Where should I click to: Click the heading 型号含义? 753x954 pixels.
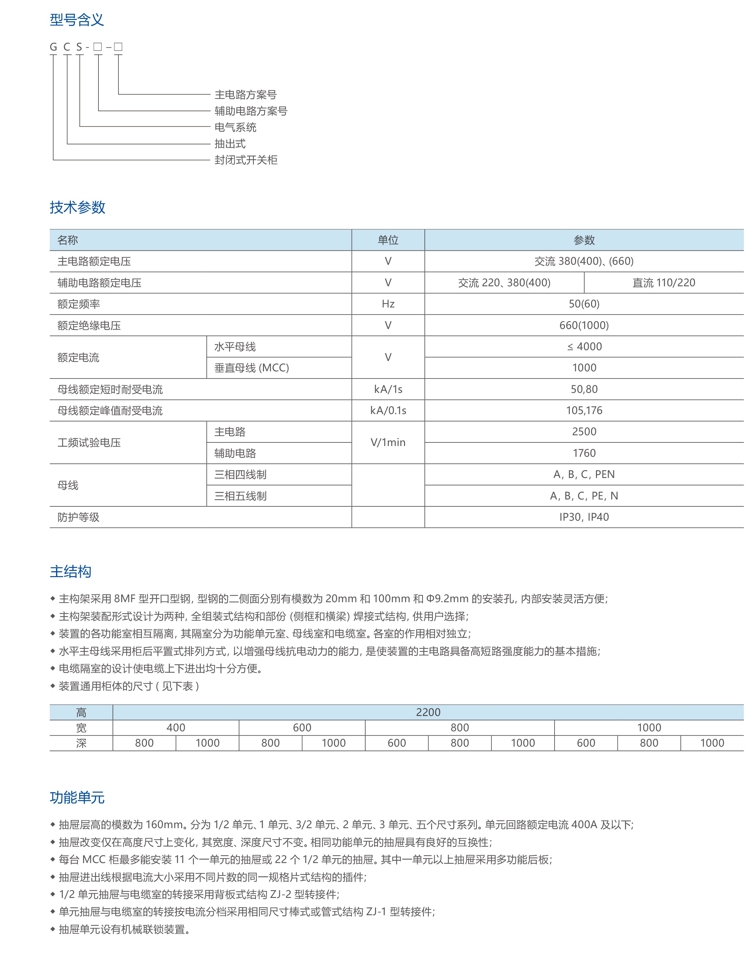[x=77, y=20]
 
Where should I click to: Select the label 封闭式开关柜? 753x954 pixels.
[x=246, y=160]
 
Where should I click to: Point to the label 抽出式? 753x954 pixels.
[x=230, y=144]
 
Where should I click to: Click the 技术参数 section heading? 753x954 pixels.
[x=78, y=207]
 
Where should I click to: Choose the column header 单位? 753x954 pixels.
[x=388, y=240]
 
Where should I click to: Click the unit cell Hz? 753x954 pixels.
[x=388, y=304]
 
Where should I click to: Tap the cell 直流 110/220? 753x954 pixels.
[x=663, y=283]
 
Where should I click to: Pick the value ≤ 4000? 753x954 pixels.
[x=584, y=347]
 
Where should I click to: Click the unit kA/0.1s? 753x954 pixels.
[x=388, y=410]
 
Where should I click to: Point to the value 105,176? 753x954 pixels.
[x=584, y=410]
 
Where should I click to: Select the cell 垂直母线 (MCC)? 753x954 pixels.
[x=251, y=368]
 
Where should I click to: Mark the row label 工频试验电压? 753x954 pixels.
[x=89, y=442]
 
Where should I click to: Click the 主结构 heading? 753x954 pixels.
[x=70, y=572]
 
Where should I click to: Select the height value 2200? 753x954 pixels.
[x=428, y=712]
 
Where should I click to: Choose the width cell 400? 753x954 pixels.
[x=176, y=728]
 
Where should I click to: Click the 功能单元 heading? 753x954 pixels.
[x=77, y=798]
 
